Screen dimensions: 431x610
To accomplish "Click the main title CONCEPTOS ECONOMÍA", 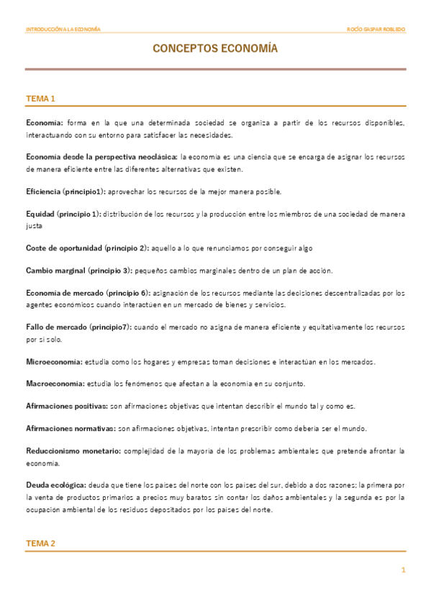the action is click(x=214, y=49).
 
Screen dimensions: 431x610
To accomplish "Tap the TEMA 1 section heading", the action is click(x=40, y=99).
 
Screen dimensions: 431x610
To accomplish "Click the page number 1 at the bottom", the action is click(x=404, y=570).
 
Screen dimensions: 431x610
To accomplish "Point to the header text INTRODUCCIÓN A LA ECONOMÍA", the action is click(x=63, y=29).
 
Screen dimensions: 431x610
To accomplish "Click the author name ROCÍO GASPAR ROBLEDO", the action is click(x=376, y=29).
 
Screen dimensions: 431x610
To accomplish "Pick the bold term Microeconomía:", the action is click(x=54, y=361).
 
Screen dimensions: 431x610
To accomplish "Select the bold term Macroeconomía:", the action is click(x=55, y=383).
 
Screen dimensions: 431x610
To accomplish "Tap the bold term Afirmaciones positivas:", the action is click(x=67, y=406).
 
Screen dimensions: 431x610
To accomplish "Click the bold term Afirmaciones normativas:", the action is click(x=71, y=429).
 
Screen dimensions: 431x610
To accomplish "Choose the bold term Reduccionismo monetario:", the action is click(x=73, y=451).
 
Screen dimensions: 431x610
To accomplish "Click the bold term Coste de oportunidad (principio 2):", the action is click(x=87, y=248).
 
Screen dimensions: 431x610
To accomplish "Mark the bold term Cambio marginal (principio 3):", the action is click(x=78, y=270).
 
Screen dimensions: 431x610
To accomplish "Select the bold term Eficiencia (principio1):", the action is click(x=65, y=191).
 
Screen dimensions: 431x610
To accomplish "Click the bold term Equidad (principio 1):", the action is click(x=63, y=214).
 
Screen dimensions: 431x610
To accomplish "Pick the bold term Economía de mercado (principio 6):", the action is click(x=86, y=293).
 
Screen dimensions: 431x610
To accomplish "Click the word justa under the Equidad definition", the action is click(x=34, y=225).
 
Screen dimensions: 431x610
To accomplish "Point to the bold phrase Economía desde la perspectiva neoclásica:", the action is click(x=101, y=158).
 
